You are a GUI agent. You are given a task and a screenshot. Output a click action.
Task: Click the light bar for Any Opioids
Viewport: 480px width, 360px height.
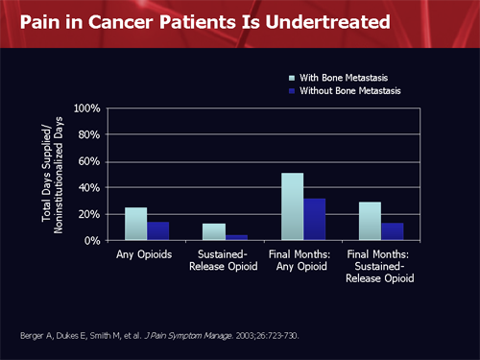(136, 224)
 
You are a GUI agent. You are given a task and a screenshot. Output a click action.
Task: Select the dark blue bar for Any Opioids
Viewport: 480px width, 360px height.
(158, 230)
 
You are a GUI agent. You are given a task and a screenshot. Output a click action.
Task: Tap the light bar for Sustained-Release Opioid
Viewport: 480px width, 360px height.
(214, 231)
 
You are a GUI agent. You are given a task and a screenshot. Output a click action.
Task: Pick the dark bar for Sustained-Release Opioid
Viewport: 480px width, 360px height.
(236, 237)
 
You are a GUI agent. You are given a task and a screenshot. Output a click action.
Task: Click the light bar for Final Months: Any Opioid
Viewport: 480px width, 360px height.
(292, 206)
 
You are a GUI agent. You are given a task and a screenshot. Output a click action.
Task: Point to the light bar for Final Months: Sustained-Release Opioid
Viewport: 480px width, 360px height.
(370, 221)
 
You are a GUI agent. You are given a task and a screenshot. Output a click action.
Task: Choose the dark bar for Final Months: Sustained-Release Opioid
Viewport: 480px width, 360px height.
(392, 231)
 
